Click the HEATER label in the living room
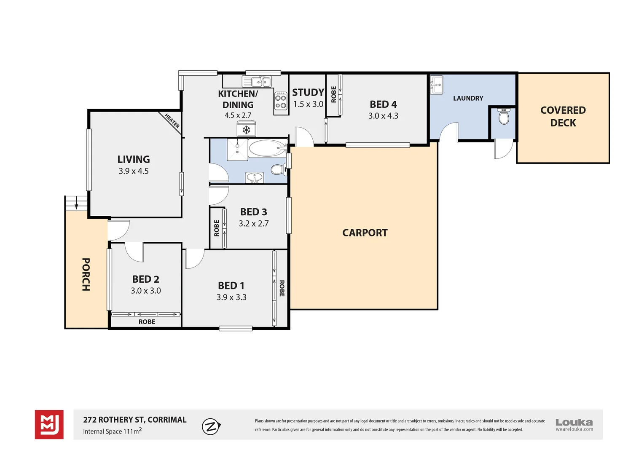(172, 121)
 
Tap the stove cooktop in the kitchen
(281, 101)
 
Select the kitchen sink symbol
(256, 81)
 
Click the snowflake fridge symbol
(247, 130)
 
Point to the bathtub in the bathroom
(268, 148)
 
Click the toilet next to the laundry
(504, 116)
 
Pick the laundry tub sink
(436, 85)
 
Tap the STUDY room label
(308, 93)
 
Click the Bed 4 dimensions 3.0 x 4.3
(383, 116)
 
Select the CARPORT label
(365, 233)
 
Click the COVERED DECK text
(563, 116)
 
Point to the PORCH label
(86, 275)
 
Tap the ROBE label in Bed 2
(147, 322)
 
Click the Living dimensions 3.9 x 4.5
(134, 171)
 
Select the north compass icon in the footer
(211, 426)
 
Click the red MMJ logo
(49, 425)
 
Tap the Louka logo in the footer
(574, 425)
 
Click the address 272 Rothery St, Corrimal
(135, 420)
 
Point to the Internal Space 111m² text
(113, 431)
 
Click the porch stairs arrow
(76, 203)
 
